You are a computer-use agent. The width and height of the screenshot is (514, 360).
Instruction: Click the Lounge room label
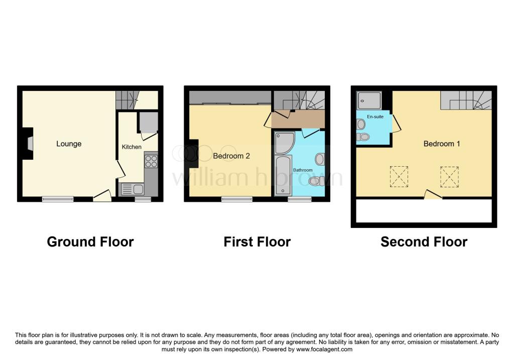69,144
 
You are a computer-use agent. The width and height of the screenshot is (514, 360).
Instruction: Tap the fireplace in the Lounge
29,144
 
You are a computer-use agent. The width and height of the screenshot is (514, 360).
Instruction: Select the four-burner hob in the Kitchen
151,161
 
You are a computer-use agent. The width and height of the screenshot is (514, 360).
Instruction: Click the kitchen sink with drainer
132,189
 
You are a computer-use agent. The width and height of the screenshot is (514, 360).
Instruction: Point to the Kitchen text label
132,147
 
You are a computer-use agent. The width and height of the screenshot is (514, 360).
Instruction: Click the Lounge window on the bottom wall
58,199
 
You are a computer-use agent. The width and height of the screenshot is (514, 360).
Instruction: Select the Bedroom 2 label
231,156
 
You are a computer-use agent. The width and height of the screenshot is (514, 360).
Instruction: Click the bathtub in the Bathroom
283,175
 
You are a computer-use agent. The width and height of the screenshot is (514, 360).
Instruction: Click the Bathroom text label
303,170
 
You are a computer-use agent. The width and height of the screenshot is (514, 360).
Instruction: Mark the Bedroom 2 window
237,199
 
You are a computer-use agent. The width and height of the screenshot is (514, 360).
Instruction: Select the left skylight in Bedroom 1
399,176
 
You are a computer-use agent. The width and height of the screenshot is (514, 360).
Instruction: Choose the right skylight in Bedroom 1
449,176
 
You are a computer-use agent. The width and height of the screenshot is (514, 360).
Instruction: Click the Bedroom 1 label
442,144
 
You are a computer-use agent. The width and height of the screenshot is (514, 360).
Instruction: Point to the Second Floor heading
424,242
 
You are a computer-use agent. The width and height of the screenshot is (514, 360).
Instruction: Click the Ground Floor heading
90,242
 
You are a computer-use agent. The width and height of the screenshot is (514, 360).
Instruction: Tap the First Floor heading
257,242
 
